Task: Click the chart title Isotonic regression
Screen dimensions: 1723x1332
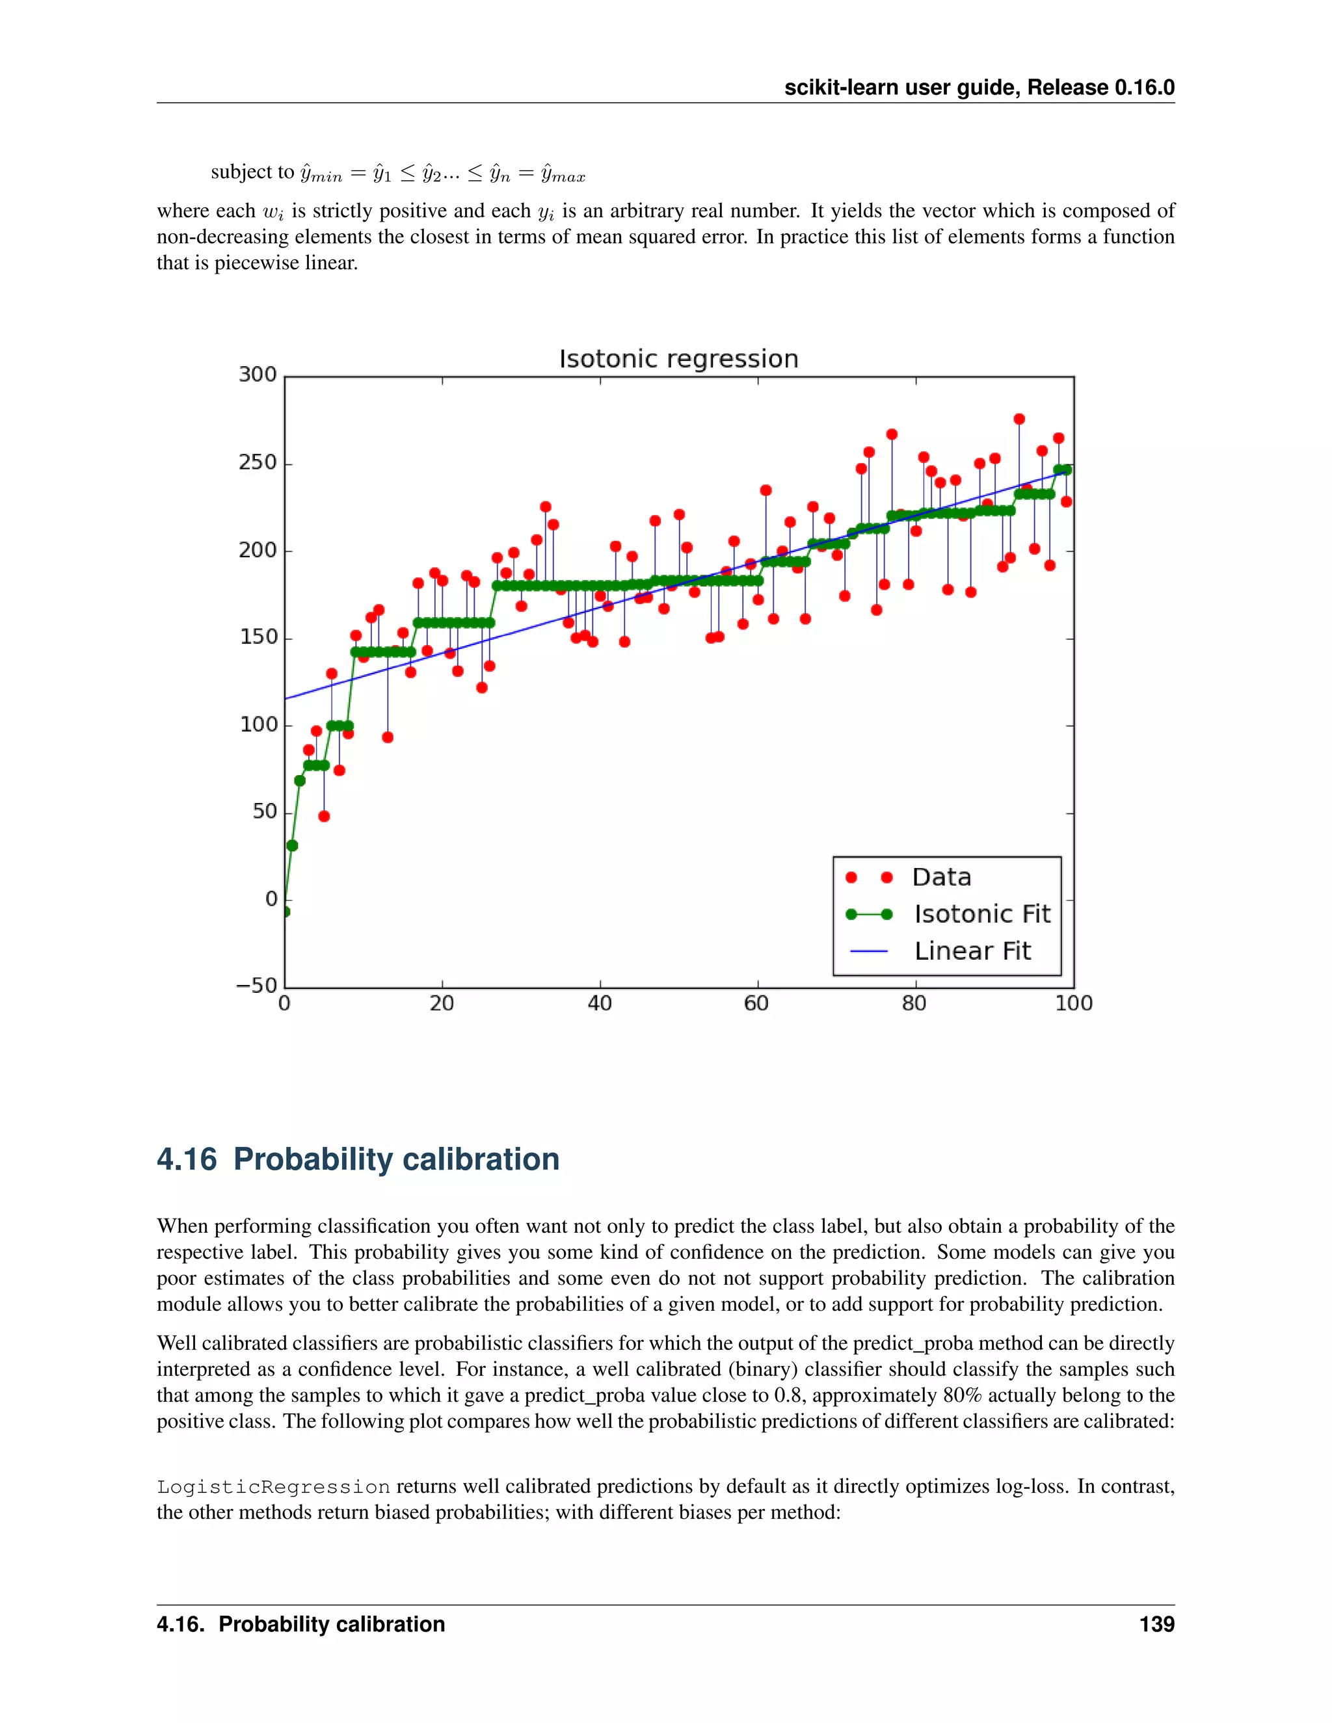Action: coord(678,359)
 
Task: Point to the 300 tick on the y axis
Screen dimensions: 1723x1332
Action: coord(258,374)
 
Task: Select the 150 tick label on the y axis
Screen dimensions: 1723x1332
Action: coord(258,637)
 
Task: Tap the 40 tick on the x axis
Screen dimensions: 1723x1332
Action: coord(600,1003)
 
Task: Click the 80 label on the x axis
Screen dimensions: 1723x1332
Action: coord(914,1003)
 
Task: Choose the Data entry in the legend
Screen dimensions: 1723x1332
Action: coord(940,877)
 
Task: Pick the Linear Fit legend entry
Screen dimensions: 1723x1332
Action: coord(972,951)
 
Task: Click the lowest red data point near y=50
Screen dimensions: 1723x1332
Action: coord(323,816)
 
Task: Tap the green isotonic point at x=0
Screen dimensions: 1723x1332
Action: coord(286,912)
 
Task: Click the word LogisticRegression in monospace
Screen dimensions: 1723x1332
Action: coord(273,1487)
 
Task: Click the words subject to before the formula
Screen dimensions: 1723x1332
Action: coord(252,172)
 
